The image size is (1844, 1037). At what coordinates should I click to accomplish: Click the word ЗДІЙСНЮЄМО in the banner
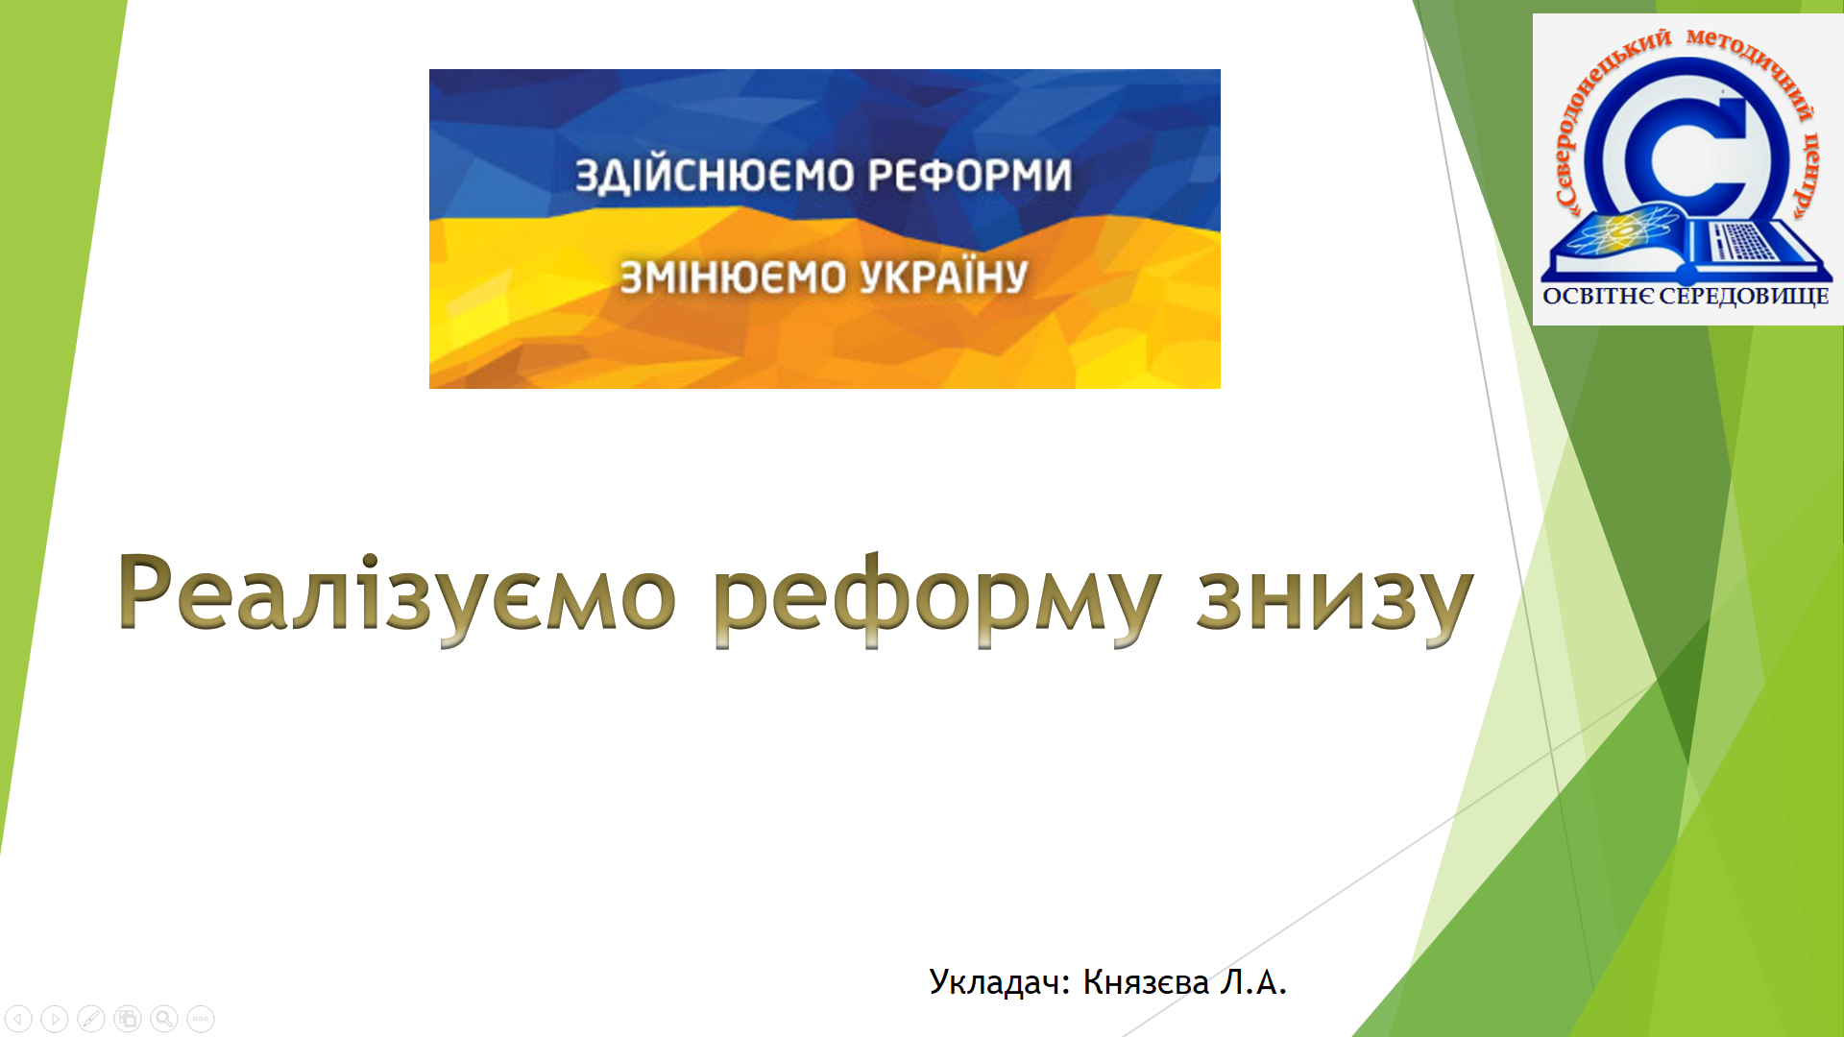[x=715, y=176]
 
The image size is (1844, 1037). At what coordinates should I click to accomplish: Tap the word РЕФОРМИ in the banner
[x=970, y=176]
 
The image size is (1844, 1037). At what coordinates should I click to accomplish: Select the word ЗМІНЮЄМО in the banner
[x=733, y=277]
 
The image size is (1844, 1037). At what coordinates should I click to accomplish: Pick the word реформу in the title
[x=936, y=599]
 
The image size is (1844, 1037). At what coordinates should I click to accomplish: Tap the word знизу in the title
[x=1335, y=601]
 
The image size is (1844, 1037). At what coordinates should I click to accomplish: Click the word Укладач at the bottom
[x=999, y=982]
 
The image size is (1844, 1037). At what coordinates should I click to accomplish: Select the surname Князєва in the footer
[x=1146, y=982]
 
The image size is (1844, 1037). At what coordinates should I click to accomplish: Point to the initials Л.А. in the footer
[x=1252, y=982]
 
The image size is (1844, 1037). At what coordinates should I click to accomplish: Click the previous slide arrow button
[x=19, y=1018]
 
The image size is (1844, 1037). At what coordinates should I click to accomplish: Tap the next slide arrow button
[x=56, y=1018]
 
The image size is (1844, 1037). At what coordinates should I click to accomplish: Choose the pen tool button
[x=92, y=1018]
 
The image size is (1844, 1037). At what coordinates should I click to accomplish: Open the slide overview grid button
[x=128, y=1018]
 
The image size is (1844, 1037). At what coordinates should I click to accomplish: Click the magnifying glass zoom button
[x=164, y=1018]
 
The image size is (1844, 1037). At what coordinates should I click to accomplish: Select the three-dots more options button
[x=201, y=1018]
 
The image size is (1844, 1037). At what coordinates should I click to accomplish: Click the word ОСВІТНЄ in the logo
[x=1597, y=296]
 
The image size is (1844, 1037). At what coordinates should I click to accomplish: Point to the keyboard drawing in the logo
[x=1743, y=241]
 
